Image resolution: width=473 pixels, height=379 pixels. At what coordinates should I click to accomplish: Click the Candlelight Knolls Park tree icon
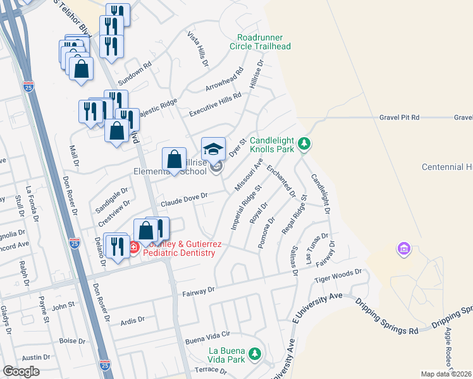305,145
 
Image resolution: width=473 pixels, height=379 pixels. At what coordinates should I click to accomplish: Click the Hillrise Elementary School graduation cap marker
213,149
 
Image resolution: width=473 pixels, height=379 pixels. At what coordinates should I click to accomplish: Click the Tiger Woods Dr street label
341,274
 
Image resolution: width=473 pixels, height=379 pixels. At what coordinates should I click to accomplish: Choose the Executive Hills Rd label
216,104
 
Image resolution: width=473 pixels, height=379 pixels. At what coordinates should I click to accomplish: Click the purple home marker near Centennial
403,250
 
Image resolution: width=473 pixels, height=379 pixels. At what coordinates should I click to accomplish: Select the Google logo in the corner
21,371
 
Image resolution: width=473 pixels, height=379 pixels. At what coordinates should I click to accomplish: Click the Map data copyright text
446,374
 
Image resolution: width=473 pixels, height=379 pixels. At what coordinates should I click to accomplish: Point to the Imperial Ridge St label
247,207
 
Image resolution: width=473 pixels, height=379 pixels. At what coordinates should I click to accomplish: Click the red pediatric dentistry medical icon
134,248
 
